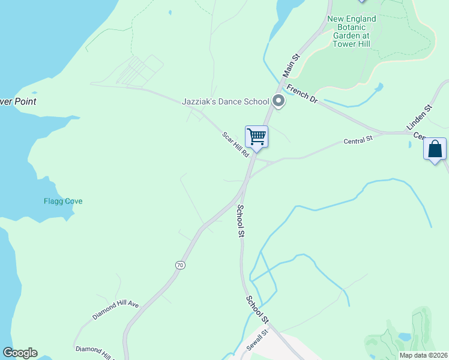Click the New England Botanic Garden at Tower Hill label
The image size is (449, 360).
(x=352, y=31)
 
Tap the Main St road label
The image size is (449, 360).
(x=292, y=67)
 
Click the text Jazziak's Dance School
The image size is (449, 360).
(x=225, y=101)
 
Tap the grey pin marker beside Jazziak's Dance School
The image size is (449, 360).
(x=278, y=101)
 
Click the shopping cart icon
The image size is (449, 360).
(x=256, y=137)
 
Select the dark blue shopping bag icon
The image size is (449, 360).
(x=435, y=149)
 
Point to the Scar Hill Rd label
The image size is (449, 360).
(x=235, y=145)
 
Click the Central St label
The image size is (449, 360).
(x=358, y=141)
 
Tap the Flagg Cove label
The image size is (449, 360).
(x=63, y=201)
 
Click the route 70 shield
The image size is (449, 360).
(x=180, y=265)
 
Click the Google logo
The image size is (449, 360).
(x=20, y=353)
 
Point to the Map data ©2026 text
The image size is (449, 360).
(x=423, y=355)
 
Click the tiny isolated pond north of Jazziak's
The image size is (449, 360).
(x=170, y=12)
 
